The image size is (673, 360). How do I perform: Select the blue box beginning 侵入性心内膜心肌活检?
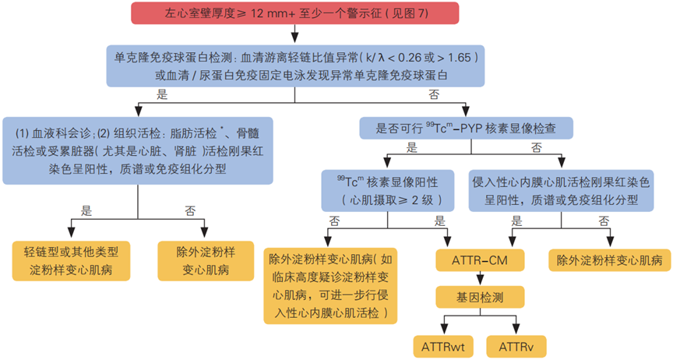point(559,190)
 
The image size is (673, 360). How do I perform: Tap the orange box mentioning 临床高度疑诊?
point(336,284)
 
